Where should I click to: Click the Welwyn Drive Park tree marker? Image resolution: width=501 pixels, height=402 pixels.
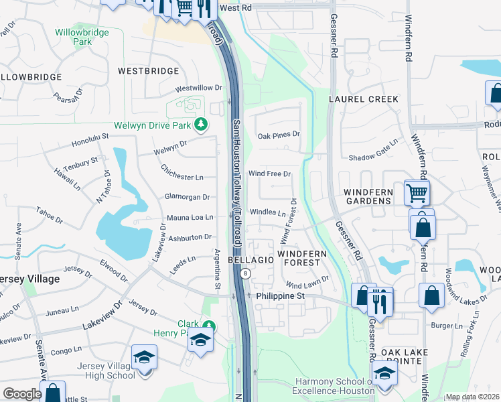coord(200,125)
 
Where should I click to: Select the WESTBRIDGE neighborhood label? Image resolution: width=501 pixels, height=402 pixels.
coord(148,70)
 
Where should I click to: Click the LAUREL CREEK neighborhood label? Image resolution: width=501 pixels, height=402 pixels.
coord(364,99)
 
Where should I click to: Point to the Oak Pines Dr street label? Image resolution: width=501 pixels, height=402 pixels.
coord(279,135)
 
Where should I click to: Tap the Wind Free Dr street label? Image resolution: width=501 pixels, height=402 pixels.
coord(269,174)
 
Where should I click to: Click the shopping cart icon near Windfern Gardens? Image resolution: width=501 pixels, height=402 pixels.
coord(417,194)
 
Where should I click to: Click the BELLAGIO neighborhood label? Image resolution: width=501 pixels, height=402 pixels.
coord(250,259)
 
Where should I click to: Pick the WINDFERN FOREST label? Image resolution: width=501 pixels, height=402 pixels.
coord(302,259)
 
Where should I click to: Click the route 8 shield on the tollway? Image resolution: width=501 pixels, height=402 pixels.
coord(246,273)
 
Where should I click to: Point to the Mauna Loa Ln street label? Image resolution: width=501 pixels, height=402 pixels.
coord(190,218)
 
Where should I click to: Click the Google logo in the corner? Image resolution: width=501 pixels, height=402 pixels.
coord(22,394)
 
